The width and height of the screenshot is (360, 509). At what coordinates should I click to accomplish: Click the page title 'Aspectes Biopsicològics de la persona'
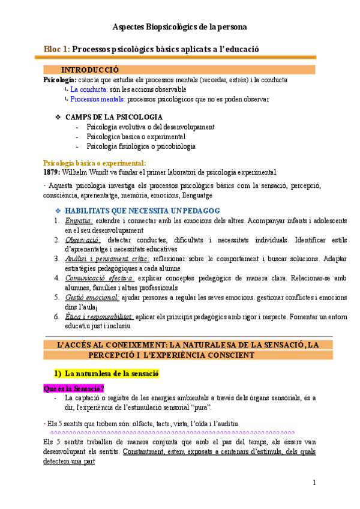(180, 27)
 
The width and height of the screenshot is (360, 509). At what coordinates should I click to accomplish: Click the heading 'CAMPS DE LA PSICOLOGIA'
(113, 116)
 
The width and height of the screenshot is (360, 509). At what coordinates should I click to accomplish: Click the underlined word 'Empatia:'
(79, 221)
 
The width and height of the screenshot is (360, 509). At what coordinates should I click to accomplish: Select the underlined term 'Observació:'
(83, 239)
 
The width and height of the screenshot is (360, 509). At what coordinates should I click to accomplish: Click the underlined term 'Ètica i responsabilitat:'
(99, 316)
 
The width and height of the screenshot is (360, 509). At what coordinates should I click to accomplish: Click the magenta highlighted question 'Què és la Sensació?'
(74, 388)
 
